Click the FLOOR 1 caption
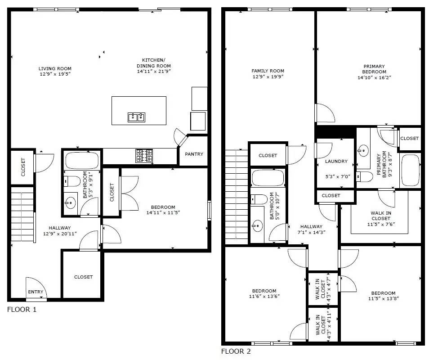22,310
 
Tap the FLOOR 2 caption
236,351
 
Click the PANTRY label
194,154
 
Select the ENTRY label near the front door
36,292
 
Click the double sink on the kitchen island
136,117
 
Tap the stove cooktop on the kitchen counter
144,156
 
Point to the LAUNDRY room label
336,161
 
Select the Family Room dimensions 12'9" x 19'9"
268,76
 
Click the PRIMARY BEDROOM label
374,69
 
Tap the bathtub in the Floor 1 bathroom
82,161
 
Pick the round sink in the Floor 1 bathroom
70,203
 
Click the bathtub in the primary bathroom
409,171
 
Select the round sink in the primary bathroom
363,150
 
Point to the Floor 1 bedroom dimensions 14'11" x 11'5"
162,213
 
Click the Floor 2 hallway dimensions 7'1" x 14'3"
311,233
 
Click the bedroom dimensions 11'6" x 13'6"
264,297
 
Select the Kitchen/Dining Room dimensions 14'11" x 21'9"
153,71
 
